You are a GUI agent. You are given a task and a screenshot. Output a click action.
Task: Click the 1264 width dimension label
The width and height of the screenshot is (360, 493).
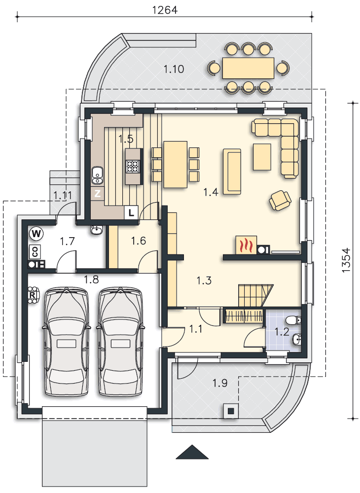(x=165, y=10)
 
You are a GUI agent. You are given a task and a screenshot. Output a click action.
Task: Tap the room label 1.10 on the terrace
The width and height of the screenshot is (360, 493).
(x=174, y=69)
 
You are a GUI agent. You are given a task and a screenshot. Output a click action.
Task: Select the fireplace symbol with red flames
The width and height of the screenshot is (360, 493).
(x=246, y=245)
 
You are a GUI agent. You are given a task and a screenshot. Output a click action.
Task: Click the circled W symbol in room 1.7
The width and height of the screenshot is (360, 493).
(x=36, y=234)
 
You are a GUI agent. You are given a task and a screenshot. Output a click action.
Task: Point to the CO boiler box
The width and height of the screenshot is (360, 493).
(x=35, y=251)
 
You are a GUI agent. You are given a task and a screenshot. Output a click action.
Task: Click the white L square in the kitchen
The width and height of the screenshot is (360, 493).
(x=131, y=212)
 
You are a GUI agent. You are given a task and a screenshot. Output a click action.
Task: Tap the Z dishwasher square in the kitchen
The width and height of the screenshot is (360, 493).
(x=98, y=194)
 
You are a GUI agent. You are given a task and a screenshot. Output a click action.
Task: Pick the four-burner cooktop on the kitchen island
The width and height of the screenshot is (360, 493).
(x=133, y=167)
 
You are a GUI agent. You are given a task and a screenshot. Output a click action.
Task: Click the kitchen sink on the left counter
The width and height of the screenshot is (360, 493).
(x=98, y=175)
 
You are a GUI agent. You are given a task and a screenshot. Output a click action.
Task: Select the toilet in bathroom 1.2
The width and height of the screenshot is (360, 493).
(x=294, y=320)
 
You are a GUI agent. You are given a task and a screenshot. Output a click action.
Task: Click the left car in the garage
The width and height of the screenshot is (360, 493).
(x=66, y=342)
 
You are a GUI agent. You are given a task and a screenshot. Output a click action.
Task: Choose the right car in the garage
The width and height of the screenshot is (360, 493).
(x=120, y=342)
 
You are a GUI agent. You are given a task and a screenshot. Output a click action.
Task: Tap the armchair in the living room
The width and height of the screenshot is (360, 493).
(x=280, y=200)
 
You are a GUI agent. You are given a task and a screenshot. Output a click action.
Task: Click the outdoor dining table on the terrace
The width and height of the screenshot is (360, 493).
(x=249, y=68)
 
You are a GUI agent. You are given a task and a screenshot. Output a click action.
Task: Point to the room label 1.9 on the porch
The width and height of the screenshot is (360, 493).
(x=220, y=383)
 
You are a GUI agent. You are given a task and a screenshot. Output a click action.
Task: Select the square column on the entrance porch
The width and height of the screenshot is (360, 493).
(x=231, y=411)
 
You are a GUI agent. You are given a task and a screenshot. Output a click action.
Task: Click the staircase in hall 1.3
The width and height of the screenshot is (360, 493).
(x=255, y=295)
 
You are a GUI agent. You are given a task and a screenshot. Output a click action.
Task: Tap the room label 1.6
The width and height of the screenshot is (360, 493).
(x=139, y=241)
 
